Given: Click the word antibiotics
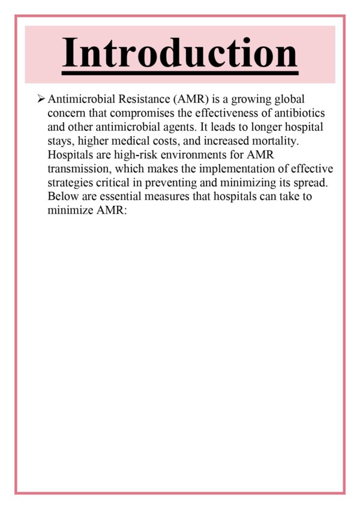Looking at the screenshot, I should (x=299, y=113).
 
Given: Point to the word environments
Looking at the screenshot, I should (x=203, y=156).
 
